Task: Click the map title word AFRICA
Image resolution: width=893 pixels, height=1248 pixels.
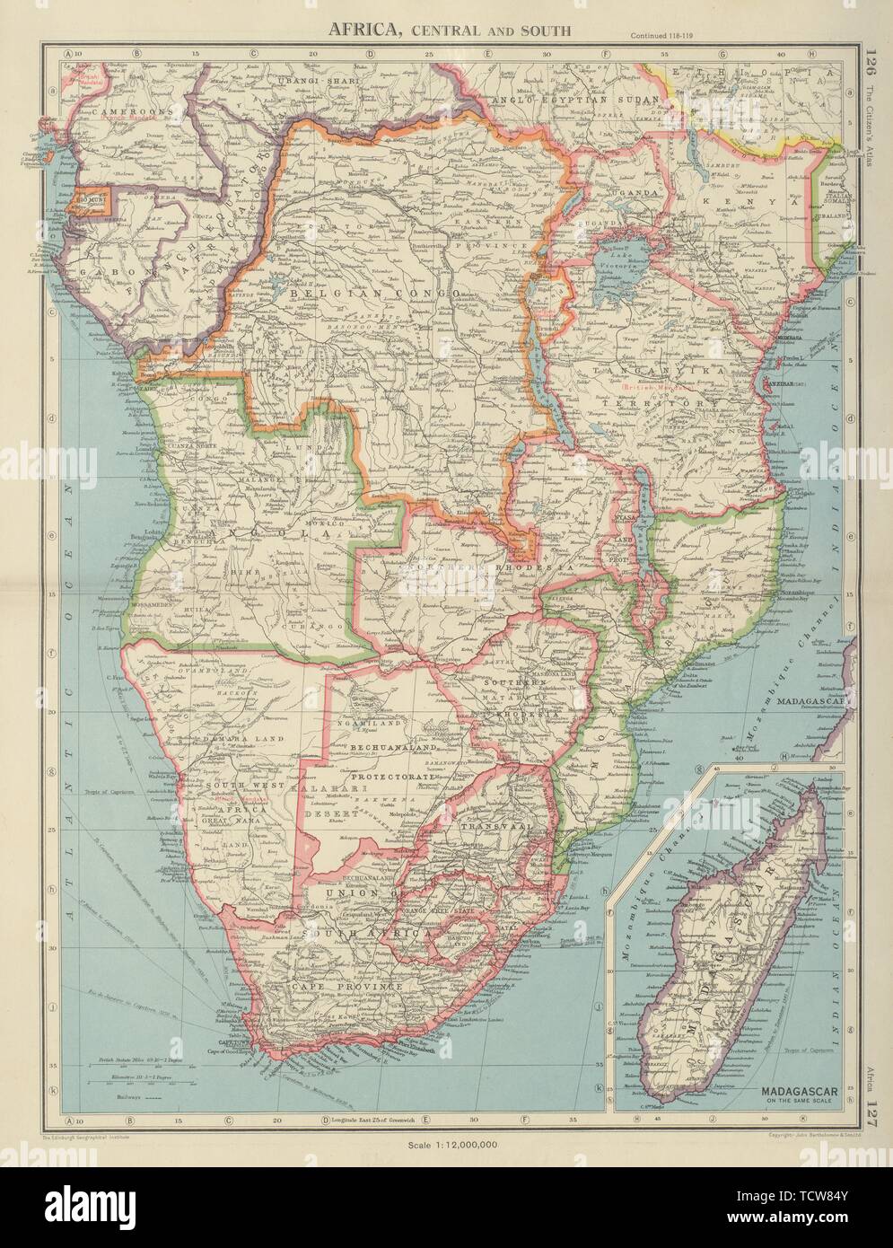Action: pos(363,29)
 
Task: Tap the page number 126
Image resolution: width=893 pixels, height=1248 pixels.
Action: pos(868,66)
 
